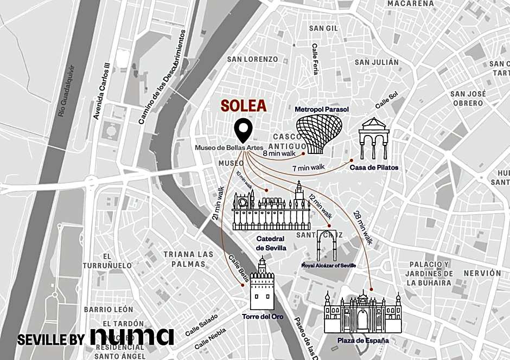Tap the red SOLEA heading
click(x=243, y=106)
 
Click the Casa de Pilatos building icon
click(x=374, y=138)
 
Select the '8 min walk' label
click(x=279, y=153)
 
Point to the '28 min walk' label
click(x=362, y=226)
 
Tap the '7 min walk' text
click(x=308, y=168)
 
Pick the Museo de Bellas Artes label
click(x=229, y=147)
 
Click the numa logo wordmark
click(x=132, y=336)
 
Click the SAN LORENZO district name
click(x=252, y=59)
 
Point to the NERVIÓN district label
click(x=482, y=273)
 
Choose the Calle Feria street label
click(x=315, y=59)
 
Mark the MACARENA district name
click(x=411, y=4)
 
